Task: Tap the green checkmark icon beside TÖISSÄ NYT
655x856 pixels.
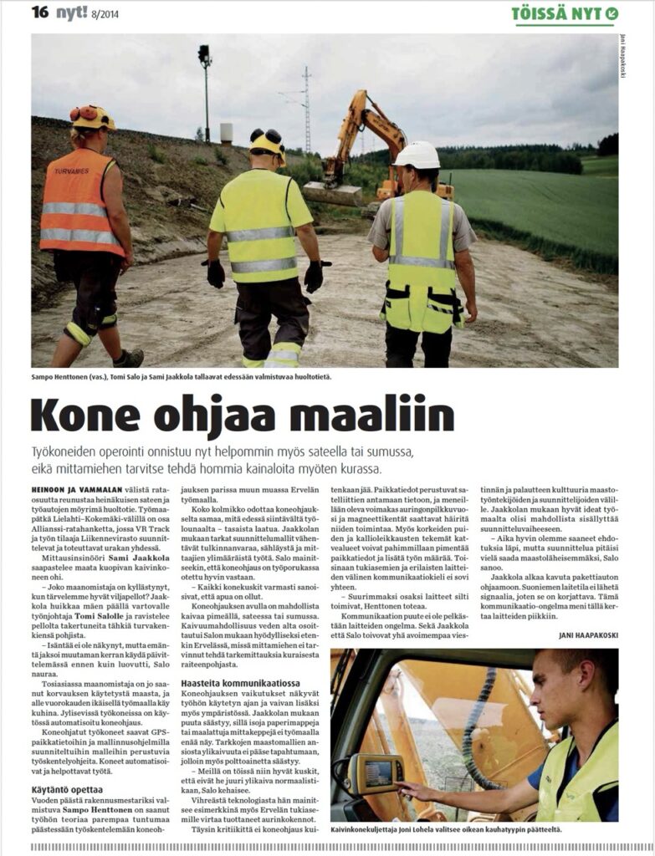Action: [612, 13]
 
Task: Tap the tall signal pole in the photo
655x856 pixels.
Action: [205, 92]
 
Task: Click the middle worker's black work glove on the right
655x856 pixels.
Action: [314, 275]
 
